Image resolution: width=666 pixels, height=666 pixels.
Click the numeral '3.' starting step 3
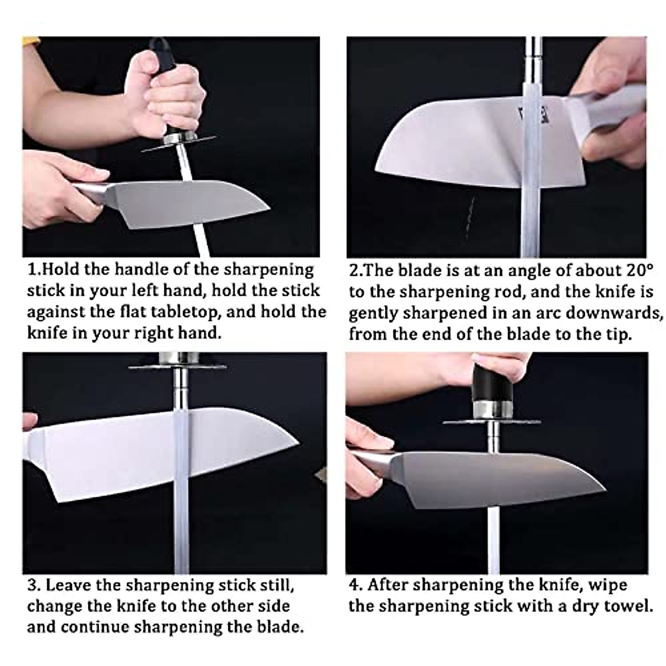(34, 585)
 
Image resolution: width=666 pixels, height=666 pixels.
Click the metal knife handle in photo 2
(605, 119)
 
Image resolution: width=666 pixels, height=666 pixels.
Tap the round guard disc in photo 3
(178, 367)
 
